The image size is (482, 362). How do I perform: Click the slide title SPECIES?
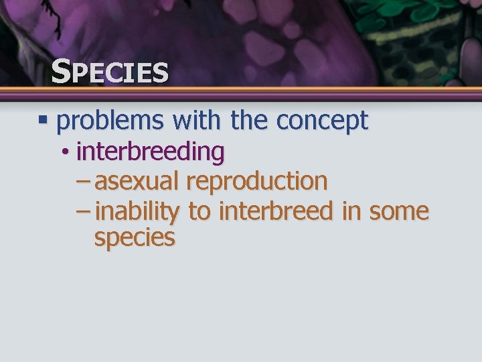pos(110,72)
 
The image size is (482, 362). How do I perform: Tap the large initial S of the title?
pos(61,70)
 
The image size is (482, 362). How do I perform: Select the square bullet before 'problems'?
pos(44,121)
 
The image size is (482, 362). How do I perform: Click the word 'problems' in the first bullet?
pos(110,121)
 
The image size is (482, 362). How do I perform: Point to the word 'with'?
pos(197,121)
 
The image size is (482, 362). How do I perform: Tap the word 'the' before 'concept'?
pos(250,121)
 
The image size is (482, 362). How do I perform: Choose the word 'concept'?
pos(322,121)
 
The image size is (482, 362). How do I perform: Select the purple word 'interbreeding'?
pos(151,152)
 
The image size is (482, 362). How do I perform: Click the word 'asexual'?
pos(137,181)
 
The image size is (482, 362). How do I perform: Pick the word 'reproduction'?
pos(257,182)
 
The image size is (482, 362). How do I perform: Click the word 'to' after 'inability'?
pos(199,212)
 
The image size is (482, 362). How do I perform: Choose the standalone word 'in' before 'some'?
pos(350,211)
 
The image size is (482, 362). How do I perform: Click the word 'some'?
pos(398,212)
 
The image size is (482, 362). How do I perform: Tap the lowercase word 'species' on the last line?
pos(135,238)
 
